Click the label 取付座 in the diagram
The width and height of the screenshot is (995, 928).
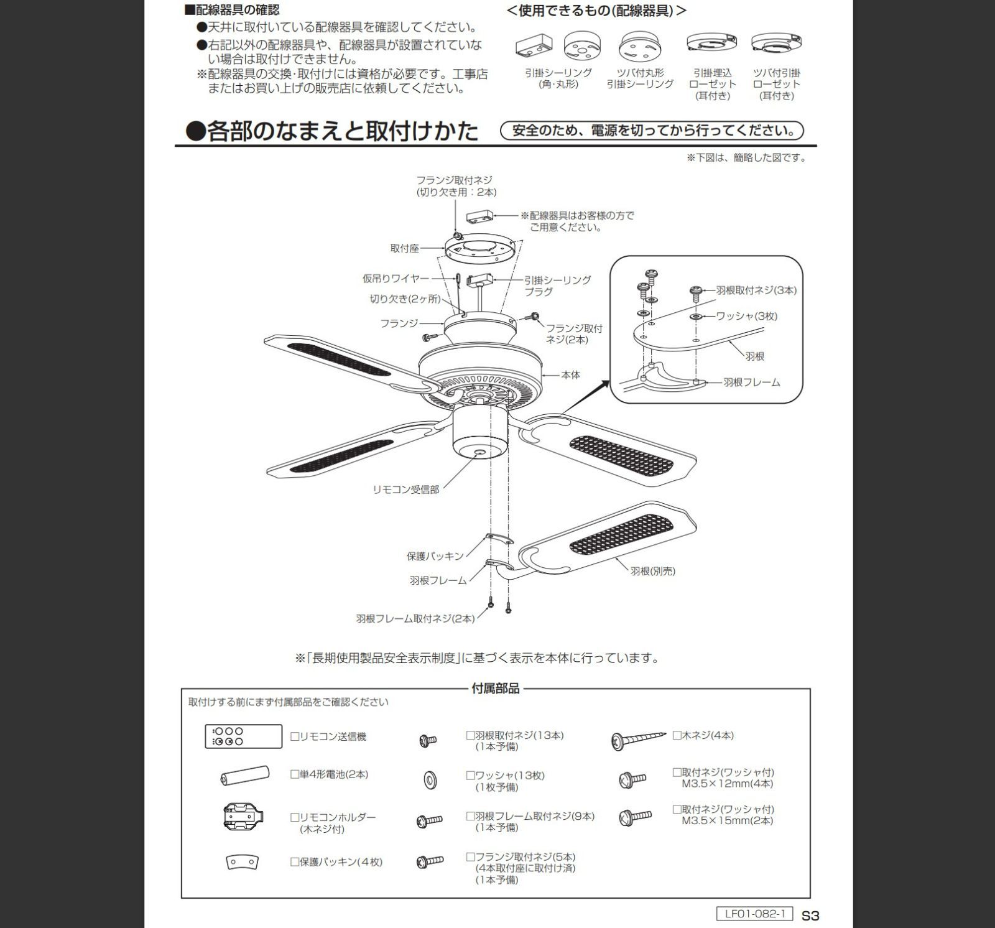click(x=404, y=248)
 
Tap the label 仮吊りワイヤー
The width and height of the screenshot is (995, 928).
click(x=396, y=279)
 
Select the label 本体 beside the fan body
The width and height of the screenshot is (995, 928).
click(x=570, y=375)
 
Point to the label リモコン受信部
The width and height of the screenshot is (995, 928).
click(x=405, y=490)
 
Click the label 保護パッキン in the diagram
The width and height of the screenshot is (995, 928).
click(x=435, y=556)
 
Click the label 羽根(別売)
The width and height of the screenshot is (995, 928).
click(x=652, y=571)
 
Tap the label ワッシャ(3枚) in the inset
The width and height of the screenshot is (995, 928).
click(x=746, y=316)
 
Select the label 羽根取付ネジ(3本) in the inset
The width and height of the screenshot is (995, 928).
click(x=756, y=290)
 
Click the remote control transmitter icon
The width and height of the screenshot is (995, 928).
click(x=243, y=736)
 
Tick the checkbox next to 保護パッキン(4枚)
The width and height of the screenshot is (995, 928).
click(x=295, y=862)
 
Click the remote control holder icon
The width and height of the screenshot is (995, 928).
click(x=244, y=817)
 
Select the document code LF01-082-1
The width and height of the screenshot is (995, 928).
click(x=754, y=914)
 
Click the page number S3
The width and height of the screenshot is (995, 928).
click(x=810, y=916)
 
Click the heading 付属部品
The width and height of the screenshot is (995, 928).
click(x=496, y=689)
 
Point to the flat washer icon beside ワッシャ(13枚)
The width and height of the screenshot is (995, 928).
click(x=429, y=780)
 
